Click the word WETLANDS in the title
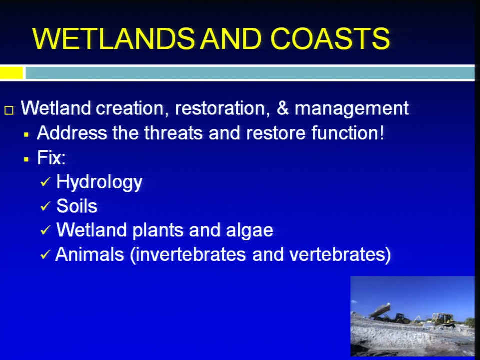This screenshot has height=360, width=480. pos(113,38)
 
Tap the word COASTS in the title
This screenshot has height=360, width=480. pos(330,38)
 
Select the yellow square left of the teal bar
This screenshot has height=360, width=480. pos(11,73)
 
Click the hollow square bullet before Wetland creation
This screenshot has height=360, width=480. pos(9,110)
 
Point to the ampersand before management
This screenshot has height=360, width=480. pos(283,108)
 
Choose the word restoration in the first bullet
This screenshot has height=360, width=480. pos(222,108)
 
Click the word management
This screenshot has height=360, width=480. pos(351,109)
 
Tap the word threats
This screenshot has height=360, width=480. pos(173,133)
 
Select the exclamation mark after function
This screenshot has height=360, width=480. pos(381,133)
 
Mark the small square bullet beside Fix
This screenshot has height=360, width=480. pos(26,159)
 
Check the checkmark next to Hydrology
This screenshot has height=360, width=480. pos(45,182)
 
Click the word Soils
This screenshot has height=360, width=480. pos(77,206)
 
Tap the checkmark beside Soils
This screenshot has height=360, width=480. pos(45,206)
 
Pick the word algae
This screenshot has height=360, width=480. pos(250,231)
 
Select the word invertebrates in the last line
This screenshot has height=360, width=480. pos(190,254)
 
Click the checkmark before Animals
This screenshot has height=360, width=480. pos(45,254)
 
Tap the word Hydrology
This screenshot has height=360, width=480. pos(99,183)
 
